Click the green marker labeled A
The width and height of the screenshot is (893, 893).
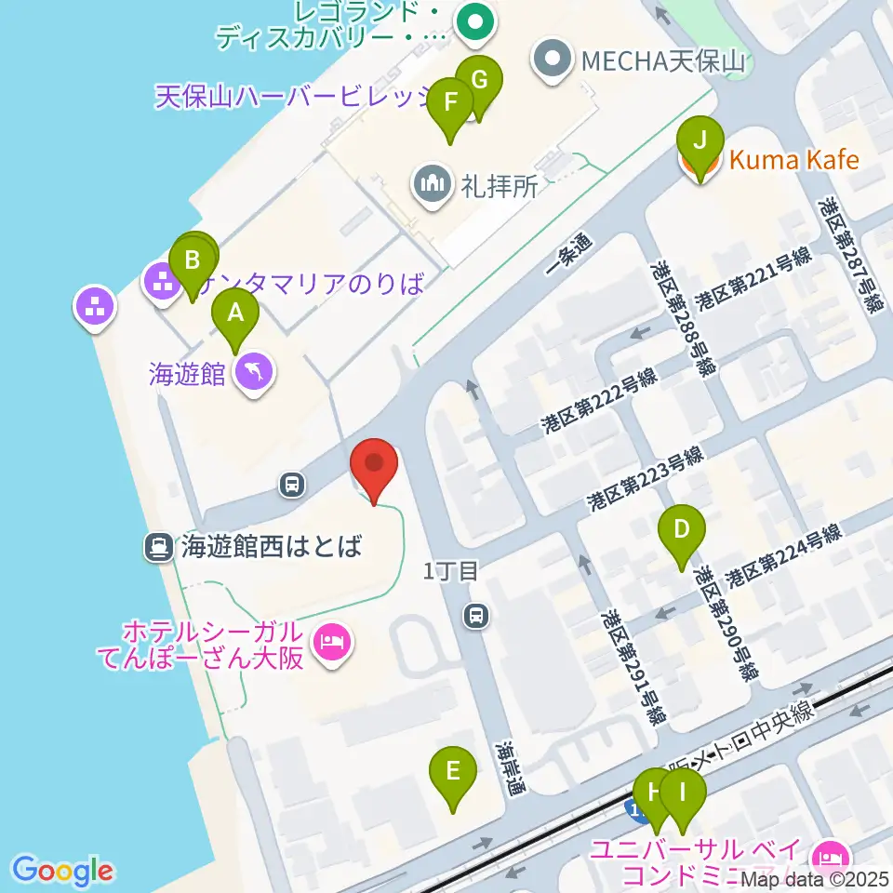click(235, 314)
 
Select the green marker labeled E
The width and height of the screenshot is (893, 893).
click(453, 771)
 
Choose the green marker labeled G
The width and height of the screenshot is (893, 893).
click(479, 80)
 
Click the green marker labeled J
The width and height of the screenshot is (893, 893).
click(700, 142)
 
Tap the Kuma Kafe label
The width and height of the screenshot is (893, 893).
click(793, 161)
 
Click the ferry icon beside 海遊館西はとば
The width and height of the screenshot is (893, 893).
click(158, 547)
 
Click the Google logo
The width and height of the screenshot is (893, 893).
click(62, 871)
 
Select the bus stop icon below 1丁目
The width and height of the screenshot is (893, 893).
click(476, 615)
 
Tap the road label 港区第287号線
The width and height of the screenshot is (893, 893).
click(847, 252)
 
